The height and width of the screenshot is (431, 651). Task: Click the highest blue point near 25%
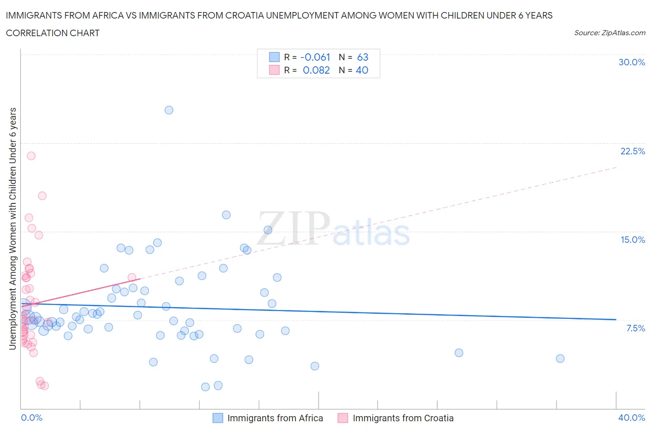click(x=169, y=110)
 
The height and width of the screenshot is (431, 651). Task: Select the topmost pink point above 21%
click(x=31, y=156)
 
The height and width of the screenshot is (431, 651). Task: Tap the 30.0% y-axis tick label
click(x=632, y=62)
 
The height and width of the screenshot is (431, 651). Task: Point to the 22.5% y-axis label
click(x=632, y=151)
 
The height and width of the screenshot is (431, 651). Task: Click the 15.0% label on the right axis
click(x=632, y=240)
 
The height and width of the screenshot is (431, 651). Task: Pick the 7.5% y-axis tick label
click(x=635, y=328)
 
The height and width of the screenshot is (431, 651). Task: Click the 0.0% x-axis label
click(x=32, y=418)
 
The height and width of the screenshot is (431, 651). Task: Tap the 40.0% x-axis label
click(x=632, y=418)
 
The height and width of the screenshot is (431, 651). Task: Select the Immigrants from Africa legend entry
click(x=275, y=418)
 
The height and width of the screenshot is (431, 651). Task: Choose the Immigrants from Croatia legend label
click(x=403, y=418)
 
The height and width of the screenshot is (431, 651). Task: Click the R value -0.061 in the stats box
click(x=315, y=57)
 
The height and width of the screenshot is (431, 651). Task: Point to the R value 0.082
click(x=316, y=70)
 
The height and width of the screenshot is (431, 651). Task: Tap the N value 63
click(x=363, y=57)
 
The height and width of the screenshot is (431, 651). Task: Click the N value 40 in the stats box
click(x=362, y=70)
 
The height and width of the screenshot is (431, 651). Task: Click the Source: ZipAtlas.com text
click(x=609, y=32)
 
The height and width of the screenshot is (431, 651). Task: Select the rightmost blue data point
click(x=560, y=358)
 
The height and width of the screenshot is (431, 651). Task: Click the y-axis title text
click(x=13, y=228)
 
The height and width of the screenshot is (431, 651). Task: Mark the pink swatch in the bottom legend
click(x=343, y=418)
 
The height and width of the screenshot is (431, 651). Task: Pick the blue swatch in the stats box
click(x=275, y=57)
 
